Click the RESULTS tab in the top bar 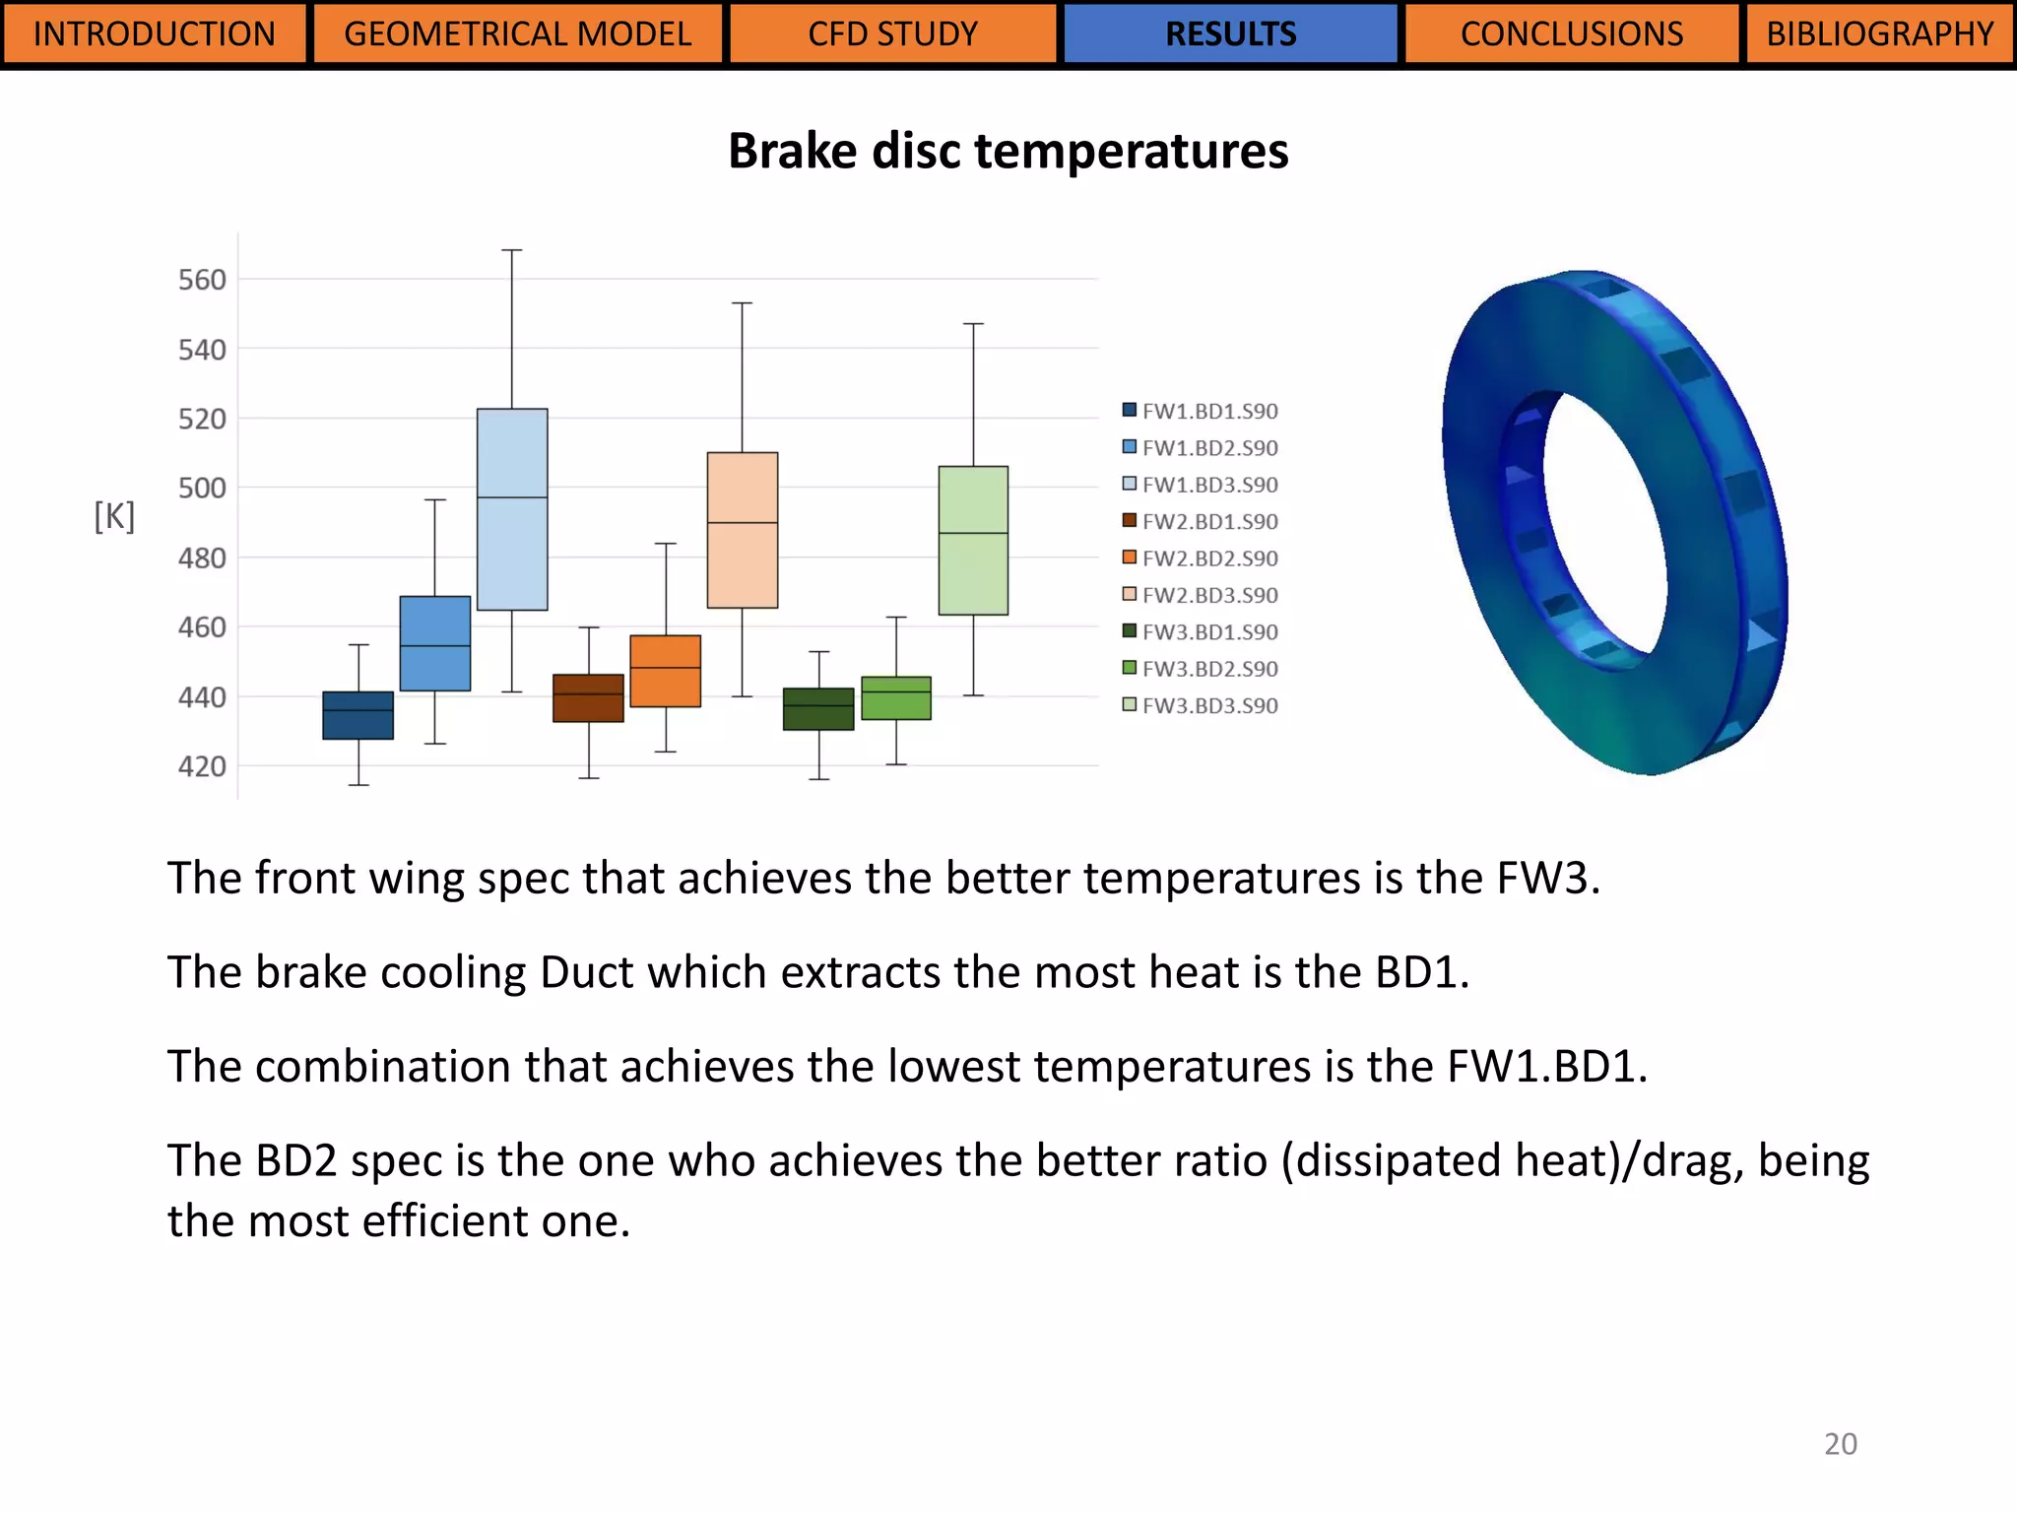click(x=1230, y=34)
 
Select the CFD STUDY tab click(x=892, y=34)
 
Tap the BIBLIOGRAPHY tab click(x=1879, y=34)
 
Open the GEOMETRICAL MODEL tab click(x=517, y=34)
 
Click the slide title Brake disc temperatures click(x=1008, y=151)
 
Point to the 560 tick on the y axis click(x=202, y=280)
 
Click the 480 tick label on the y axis click(x=202, y=559)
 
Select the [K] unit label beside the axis click(x=114, y=515)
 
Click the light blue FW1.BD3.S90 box click(x=512, y=509)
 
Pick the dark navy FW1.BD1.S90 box click(x=358, y=715)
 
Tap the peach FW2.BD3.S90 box click(x=743, y=530)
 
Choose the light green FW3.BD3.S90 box click(x=973, y=541)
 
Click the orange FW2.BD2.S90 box click(x=666, y=671)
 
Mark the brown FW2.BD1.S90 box click(x=588, y=698)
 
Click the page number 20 click(x=1840, y=1444)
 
